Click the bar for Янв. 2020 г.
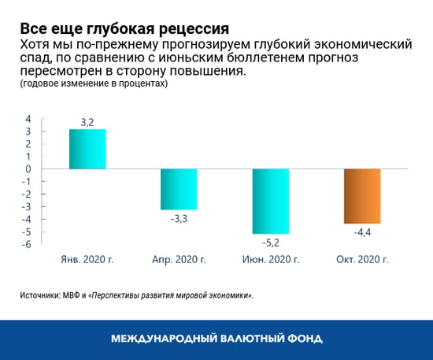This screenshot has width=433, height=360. tap(87, 149)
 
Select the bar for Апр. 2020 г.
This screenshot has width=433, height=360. tap(179, 189)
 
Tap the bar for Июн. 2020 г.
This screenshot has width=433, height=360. tap(270, 201)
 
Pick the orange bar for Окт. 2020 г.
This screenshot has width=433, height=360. tap(361, 196)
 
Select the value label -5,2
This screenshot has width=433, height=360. tap(270, 242)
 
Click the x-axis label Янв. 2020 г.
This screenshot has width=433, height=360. tap(87, 258)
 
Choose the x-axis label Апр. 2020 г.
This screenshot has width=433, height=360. tap(179, 258)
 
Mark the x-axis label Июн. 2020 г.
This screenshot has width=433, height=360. tap(270, 258)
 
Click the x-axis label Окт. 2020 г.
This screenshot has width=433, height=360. tap(361, 258)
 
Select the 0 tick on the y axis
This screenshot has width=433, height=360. tap(28, 169)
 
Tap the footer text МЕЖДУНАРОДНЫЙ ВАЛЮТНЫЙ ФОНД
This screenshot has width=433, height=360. tap(216, 339)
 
